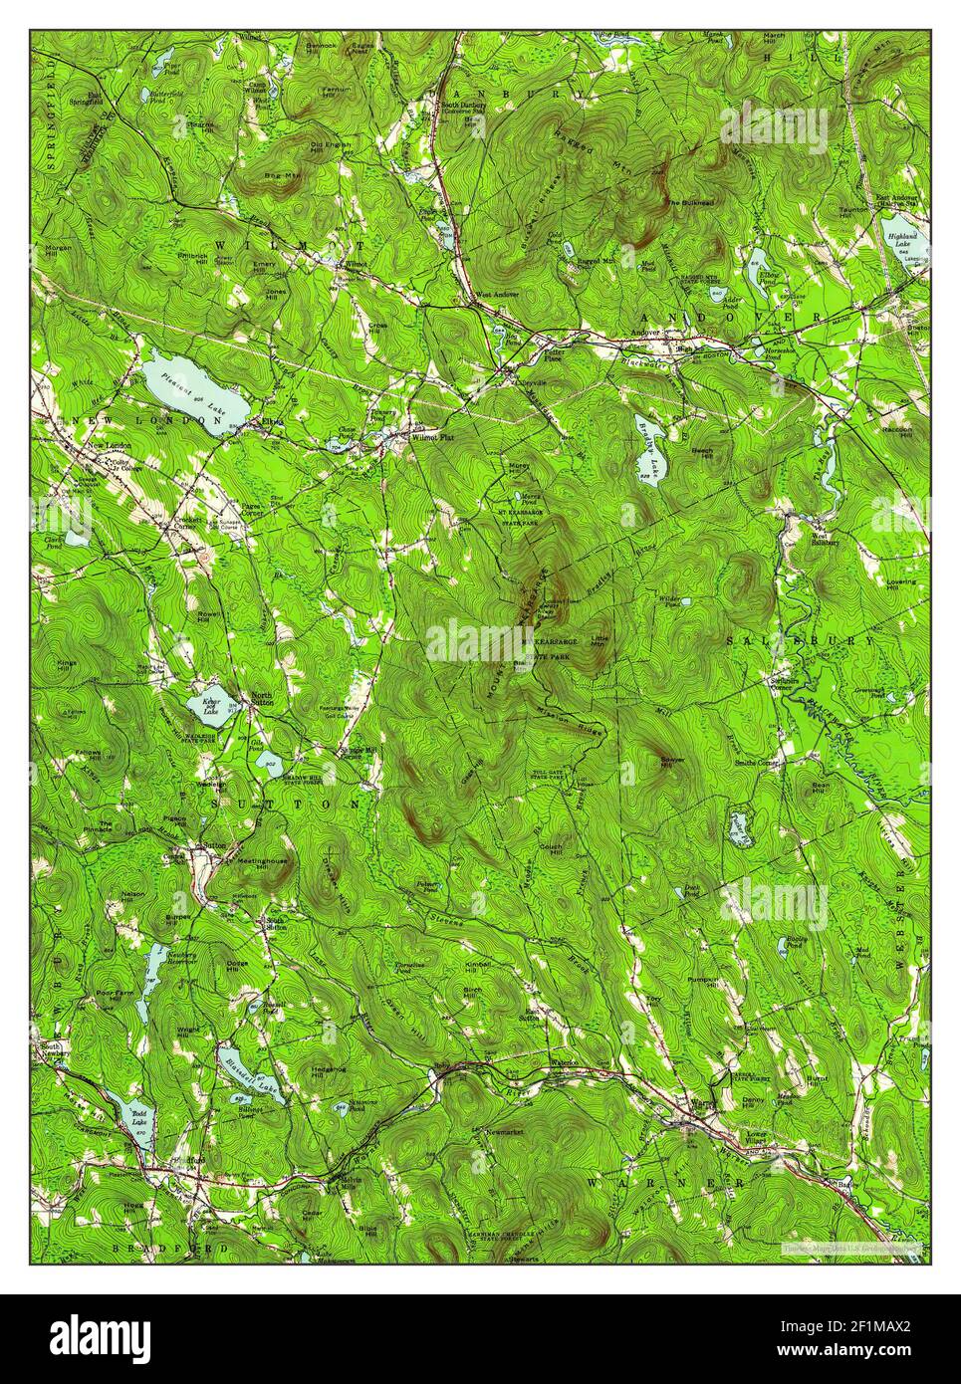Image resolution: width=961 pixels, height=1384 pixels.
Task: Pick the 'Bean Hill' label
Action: pos(821,787)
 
